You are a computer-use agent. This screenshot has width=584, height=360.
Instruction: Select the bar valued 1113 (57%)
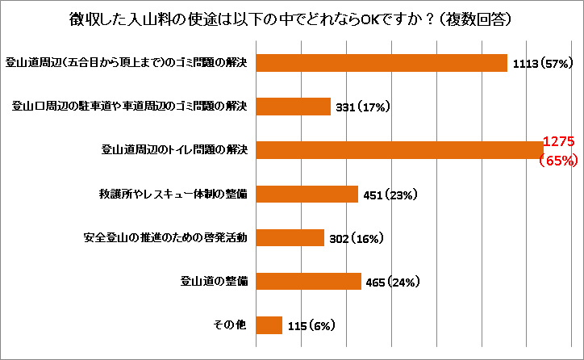382,62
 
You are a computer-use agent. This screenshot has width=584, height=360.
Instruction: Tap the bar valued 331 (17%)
294,107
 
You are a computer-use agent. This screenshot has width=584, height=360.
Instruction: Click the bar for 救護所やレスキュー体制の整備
307,194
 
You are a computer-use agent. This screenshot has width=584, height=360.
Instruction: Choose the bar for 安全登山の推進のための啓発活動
290,237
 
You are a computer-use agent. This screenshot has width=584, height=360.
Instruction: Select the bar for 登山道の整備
309,281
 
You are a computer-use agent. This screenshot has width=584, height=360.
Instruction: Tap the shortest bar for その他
269,324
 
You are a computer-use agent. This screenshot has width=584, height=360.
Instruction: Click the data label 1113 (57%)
543,63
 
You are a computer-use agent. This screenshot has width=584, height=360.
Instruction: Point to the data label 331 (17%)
363,107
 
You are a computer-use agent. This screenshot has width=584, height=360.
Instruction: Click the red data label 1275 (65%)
557,151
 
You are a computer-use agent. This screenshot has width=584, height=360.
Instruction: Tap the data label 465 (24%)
394,282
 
